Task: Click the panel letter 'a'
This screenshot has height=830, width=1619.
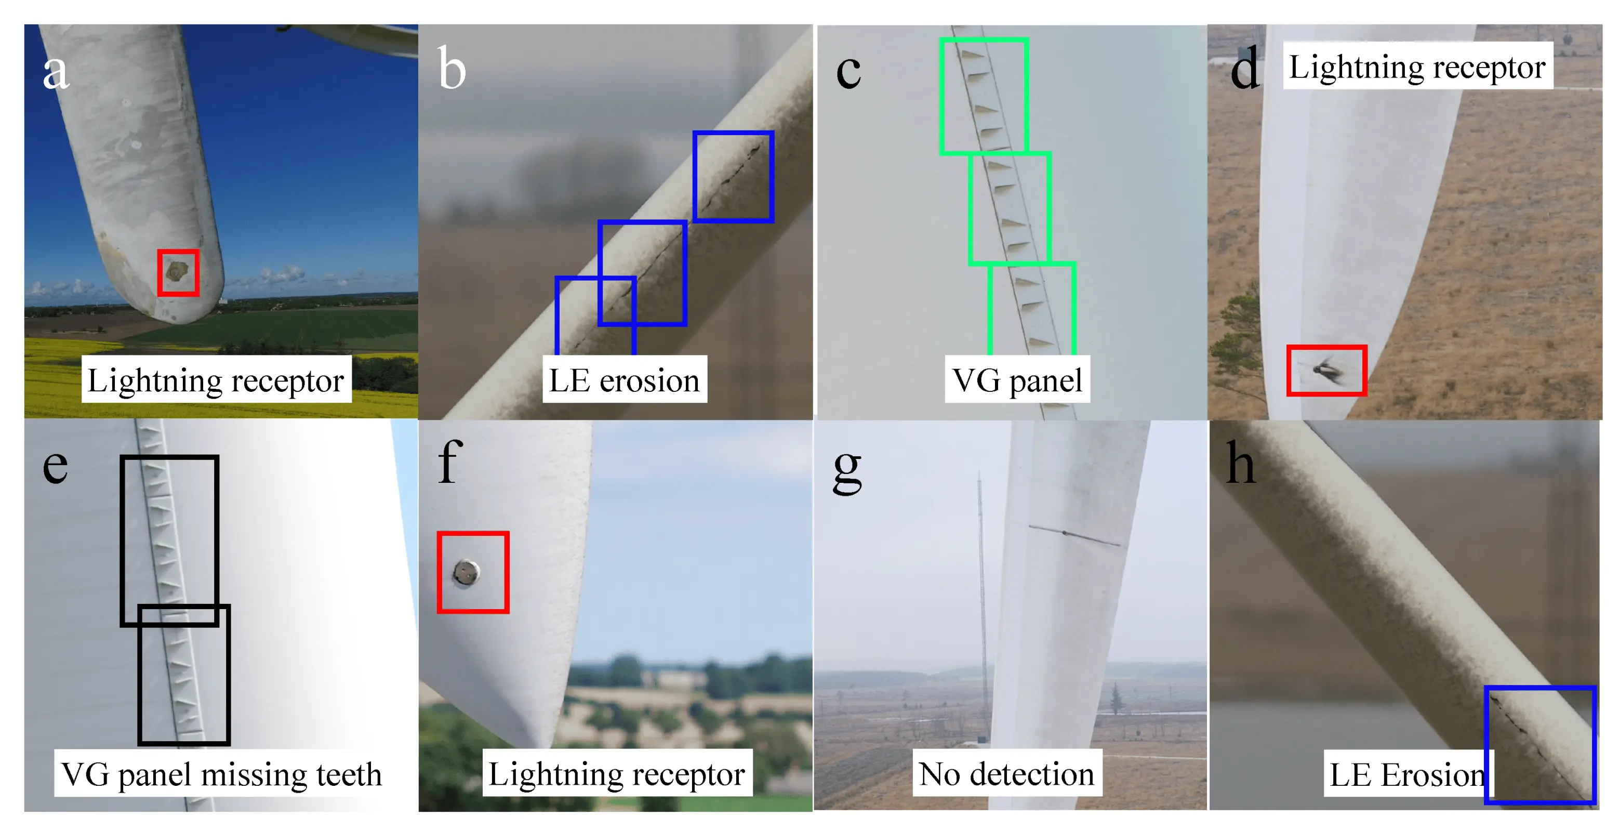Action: click(x=55, y=71)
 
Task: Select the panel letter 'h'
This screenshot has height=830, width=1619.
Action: click(x=1241, y=464)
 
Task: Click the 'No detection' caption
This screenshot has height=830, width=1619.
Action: click(x=1006, y=773)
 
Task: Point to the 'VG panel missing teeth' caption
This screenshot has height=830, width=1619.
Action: click(x=221, y=773)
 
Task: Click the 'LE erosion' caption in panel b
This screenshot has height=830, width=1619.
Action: click(x=624, y=380)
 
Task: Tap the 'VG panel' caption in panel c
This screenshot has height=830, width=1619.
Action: click(x=1017, y=380)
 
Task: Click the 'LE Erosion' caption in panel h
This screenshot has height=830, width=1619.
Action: click(x=1406, y=773)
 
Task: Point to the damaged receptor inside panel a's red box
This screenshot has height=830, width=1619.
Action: click(x=177, y=272)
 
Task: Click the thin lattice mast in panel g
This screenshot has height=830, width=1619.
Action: click(x=981, y=597)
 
